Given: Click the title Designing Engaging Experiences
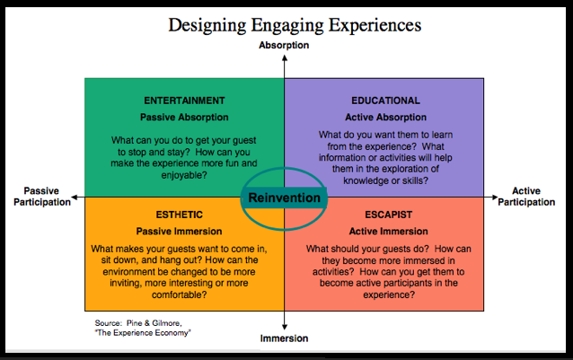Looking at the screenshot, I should point(286,24).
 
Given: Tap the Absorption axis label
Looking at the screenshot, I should point(284,45).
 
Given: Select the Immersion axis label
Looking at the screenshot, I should point(285,338).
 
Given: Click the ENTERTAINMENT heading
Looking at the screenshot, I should point(184,101).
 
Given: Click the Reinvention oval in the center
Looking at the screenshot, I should point(284,197).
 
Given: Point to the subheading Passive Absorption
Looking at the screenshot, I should point(184,117).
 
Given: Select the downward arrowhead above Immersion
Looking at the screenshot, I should point(285,327).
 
